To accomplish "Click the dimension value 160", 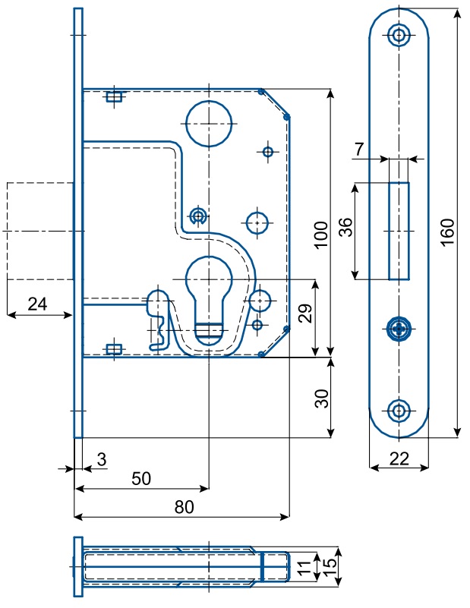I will click(x=447, y=228).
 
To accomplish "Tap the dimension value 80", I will click(x=183, y=507).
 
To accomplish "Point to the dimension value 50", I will click(x=141, y=478).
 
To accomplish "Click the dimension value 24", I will click(x=37, y=304).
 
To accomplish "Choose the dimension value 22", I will click(x=399, y=458).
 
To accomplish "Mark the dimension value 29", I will click(x=304, y=314).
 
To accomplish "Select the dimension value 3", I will click(x=101, y=459).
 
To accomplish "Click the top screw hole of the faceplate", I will click(x=399, y=34).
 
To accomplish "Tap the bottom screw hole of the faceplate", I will click(x=399, y=411).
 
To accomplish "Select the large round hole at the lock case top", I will click(x=207, y=123).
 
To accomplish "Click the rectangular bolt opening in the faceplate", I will click(x=399, y=231).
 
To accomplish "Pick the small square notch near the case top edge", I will click(x=115, y=96).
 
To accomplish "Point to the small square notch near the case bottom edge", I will click(x=114, y=349).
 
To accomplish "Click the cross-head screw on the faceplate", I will click(x=399, y=329).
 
